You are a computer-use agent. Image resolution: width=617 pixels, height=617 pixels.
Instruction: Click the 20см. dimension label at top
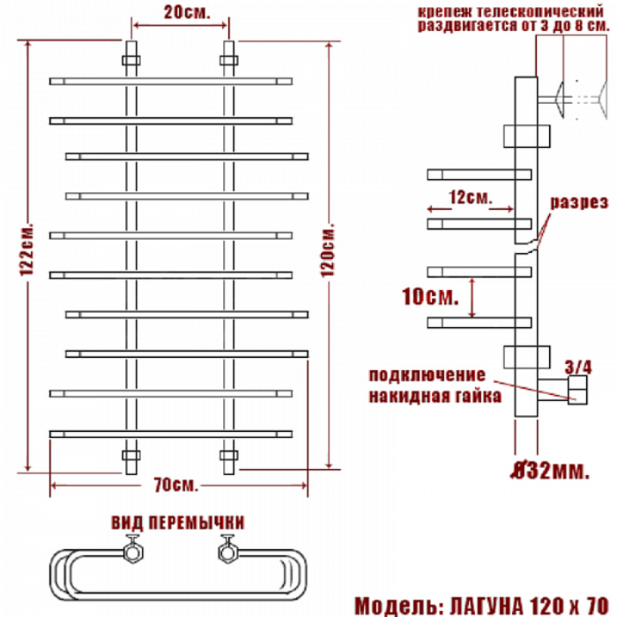pyautogui.click(x=187, y=12)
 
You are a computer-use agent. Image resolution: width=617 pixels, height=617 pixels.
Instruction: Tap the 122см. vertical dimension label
pyautogui.click(x=27, y=250)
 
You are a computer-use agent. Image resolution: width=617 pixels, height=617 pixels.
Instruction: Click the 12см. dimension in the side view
pyautogui.click(x=470, y=197)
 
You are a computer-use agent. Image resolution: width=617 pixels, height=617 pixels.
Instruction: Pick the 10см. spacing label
pyautogui.click(x=430, y=296)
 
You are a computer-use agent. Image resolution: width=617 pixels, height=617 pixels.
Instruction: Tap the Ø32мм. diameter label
pyautogui.click(x=550, y=470)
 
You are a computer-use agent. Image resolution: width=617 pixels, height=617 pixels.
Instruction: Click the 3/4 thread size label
pyautogui.click(x=578, y=367)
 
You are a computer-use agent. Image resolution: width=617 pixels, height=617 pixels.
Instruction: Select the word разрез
pyautogui.click(x=579, y=202)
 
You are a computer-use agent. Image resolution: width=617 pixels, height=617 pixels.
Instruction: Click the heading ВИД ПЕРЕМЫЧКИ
pyautogui.click(x=178, y=523)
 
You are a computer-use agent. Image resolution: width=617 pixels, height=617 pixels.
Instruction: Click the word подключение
pyautogui.click(x=427, y=375)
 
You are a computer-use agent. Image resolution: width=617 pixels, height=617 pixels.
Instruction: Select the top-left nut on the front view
pyautogui.click(x=131, y=61)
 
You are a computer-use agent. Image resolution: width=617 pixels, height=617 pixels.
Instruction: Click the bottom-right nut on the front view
pyautogui.click(x=228, y=456)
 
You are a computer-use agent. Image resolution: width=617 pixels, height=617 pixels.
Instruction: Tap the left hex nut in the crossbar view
pyautogui.click(x=133, y=551)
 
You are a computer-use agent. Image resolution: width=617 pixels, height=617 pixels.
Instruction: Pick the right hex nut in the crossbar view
pyautogui.click(x=228, y=551)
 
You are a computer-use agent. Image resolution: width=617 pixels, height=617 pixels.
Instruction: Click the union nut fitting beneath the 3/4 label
pyautogui.click(x=577, y=390)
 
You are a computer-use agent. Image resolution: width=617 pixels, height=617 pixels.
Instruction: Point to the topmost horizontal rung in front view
pyautogui.click(x=170, y=82)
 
